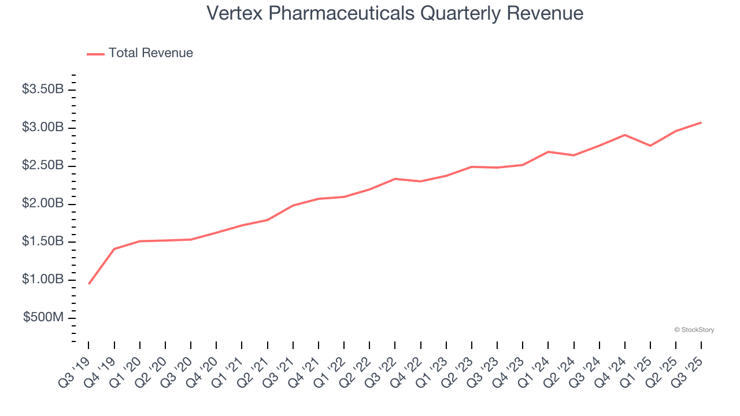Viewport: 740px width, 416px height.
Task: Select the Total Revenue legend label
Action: click(151, 53)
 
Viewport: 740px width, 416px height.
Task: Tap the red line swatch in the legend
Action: click(95, 54)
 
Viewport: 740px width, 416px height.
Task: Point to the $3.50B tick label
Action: click(42, 90)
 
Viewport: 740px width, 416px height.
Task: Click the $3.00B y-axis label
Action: click(42, 128)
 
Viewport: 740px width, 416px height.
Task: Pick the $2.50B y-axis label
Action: click(42, 166)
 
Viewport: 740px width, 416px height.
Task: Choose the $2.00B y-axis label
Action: click(42, 204)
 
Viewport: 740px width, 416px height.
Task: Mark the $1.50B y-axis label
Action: click(42, 242)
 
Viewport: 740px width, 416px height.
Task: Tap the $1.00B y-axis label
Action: click(42, 280)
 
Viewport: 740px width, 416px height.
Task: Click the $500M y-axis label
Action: click(43, 318)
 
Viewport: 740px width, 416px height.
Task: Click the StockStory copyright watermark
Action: click(694, 330)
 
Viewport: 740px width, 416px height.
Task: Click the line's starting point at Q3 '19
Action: click(89, 284)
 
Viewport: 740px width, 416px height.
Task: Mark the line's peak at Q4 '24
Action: click(625, 135)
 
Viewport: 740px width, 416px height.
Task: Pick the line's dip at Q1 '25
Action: click(650, 146)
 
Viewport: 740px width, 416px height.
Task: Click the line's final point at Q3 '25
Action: click(701, 122)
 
